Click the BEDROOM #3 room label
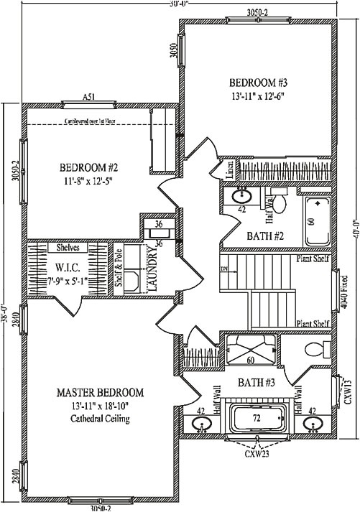click(259, 81)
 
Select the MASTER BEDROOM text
click(100, 393)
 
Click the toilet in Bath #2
click(281, 205)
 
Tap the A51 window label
click(88, 97)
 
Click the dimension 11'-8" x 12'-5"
click(88, 182)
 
